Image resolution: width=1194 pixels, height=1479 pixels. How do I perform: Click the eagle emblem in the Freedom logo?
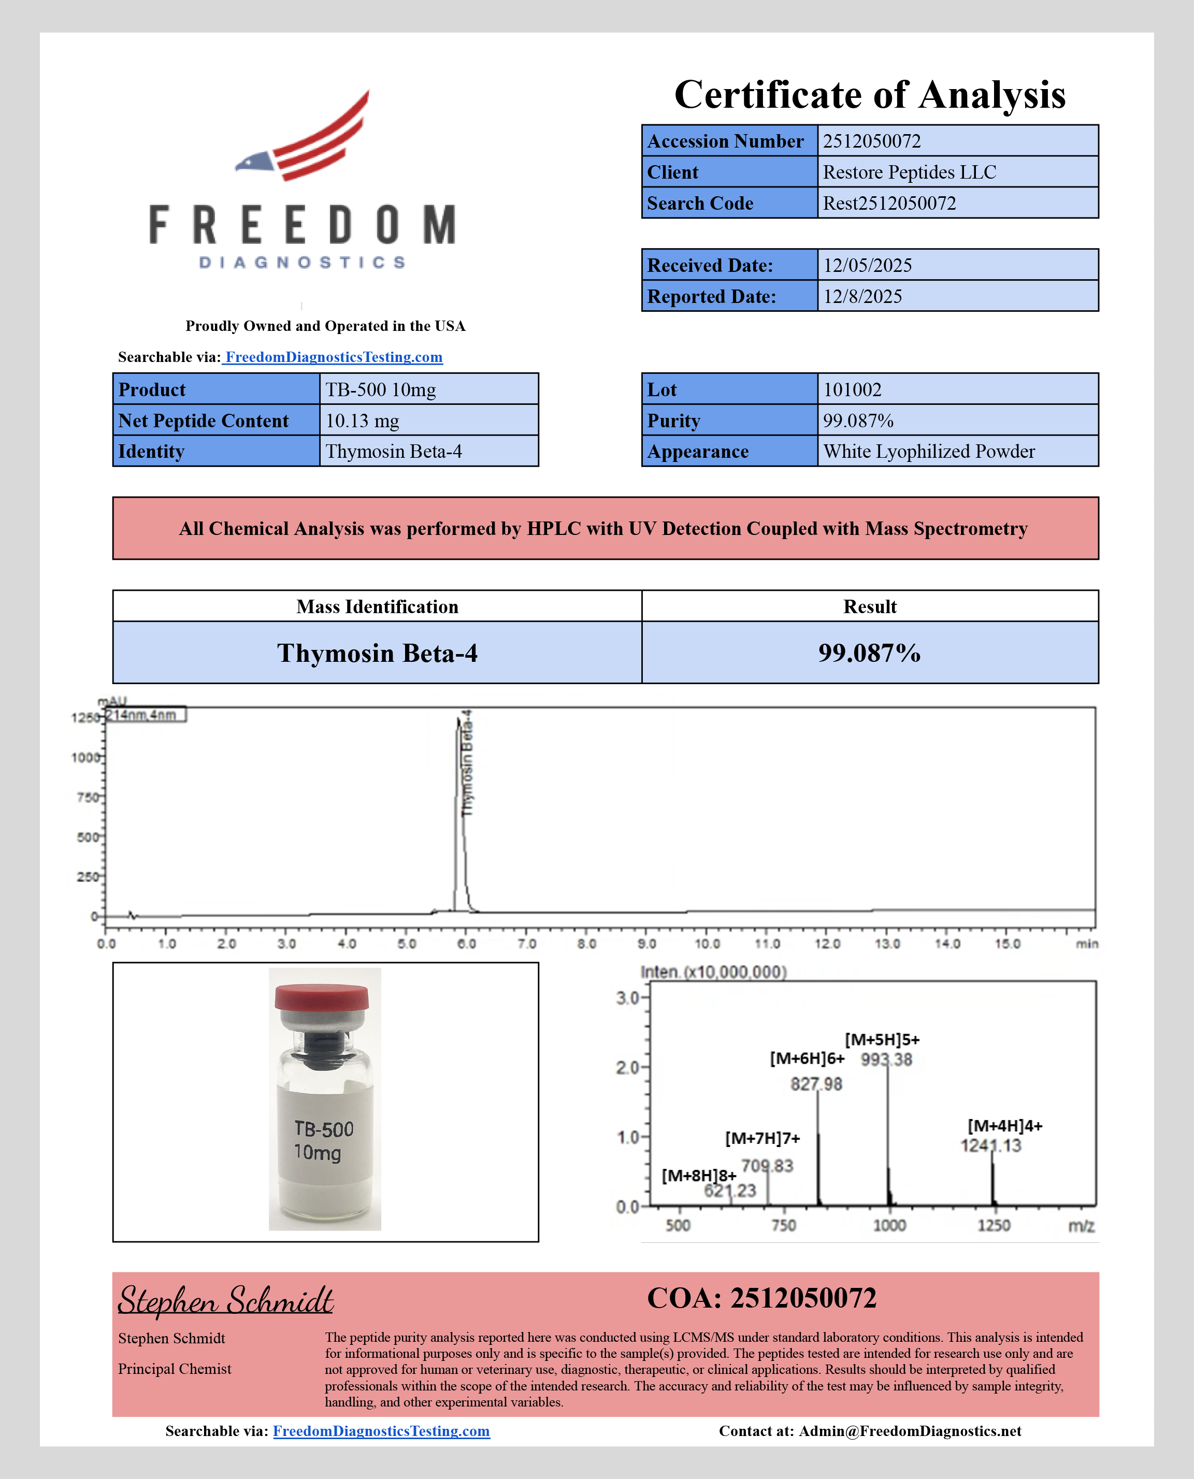pyautogui.click(x=303, y=138)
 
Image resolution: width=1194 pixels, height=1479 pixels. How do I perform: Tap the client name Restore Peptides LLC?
pyautogui.click(x=909, y=172)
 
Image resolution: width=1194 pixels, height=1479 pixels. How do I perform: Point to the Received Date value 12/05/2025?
pyautogui.click(x=867, y=266)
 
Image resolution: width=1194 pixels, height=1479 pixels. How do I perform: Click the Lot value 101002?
pyautogui.click(x=852, y=390)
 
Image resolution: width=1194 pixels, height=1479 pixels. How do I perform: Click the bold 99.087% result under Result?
pyautogui.click(x=869, y=653)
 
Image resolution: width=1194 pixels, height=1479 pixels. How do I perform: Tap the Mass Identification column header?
pyautogui.click(x=377, y=606)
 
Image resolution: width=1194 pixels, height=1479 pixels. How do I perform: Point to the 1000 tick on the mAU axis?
pyautogui.click(x=85, y=758)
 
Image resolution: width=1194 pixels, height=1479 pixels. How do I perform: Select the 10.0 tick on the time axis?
pyautogui.click(x=707, y=944)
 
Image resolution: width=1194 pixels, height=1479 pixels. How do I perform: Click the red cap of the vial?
pyautogui.click(x=321, y=997)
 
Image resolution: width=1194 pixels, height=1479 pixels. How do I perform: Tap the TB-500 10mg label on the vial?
pyautogui.click(x=323, y=1140)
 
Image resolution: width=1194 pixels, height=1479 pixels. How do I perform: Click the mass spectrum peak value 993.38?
pyautogui.click(x=886, y=1060)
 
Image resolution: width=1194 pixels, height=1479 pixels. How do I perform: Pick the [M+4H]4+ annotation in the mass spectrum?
pyautogui.click(x=1005, y=1126)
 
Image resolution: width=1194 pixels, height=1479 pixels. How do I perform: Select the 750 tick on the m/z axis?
pyautogui.click(x=783, y=1225)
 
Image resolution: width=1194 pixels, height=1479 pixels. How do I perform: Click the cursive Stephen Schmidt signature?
pyautogui.click(x=226, y=1300)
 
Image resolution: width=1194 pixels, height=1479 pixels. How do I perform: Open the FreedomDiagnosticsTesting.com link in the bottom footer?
pyautogui.click(x=381, y=1431)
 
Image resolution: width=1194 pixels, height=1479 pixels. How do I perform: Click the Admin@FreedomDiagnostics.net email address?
pyautogui.click(x=909, y=1431)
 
